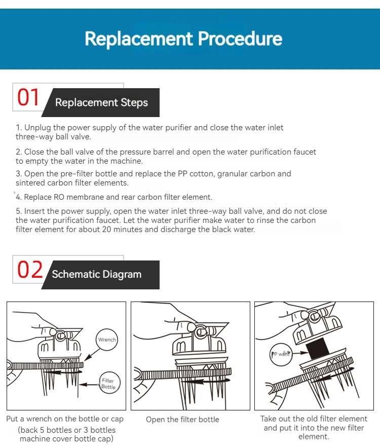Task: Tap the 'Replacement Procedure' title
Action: pyautogui.click(x=183, y=39)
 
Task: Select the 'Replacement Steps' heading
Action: pyautogui.click(x=101, y=103)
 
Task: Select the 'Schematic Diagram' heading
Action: pyautogui.click(x=96, y=275)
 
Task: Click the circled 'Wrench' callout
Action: pyautogui.click(x=106, y=340)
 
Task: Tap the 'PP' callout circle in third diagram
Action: pyautogui.click(x=280, y=354)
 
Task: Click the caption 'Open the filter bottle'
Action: pyautogui.click(x=182, y=420)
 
